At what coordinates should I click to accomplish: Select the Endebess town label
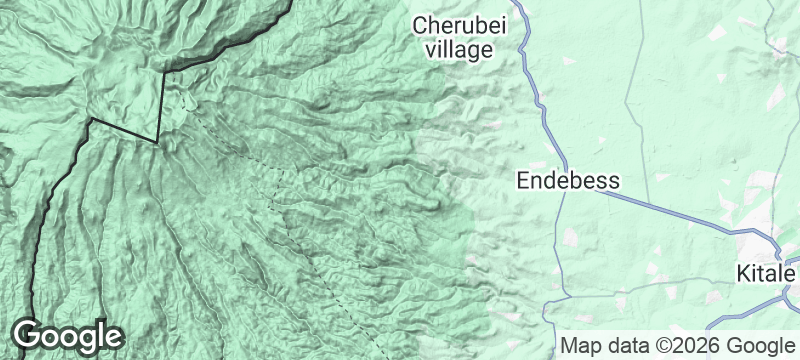tap(568, 181)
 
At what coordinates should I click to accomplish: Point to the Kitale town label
tap(766, 273)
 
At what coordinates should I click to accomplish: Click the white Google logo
tap(67, 336)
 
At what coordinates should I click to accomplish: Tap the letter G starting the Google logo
tap(28, 335)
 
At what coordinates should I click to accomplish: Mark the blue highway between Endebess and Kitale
tap(670, 210)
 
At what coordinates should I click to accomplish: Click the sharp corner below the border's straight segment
tap(157, 141)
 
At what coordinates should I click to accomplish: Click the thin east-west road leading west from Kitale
tap(680, 286)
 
